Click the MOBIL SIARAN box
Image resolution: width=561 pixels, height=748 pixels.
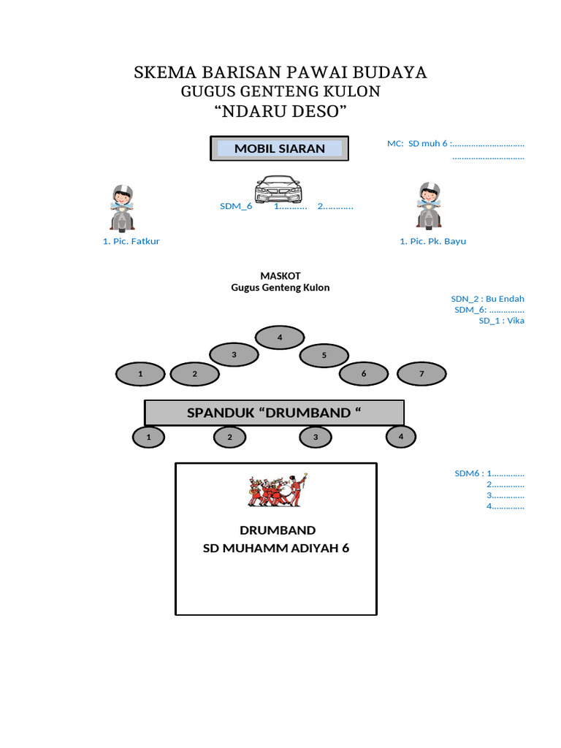click(x=279, y=148)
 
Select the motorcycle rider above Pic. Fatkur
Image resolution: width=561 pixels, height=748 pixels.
click(x=122, y=207)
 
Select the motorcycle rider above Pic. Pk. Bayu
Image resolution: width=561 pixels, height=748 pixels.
click(x=429, y=207)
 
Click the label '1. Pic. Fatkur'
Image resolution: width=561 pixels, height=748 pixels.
click(x=131, y=241)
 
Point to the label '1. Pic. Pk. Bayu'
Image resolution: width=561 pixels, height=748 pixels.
click(x=432, y=241)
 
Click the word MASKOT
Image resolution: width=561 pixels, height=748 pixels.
click(x=280, y=275)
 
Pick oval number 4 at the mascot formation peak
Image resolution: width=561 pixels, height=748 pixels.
click(x=280, y=337)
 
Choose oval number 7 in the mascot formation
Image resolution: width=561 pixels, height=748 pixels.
click(x=421, y=374)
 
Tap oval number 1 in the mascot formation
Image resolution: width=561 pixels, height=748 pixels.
click(x=140, y=374)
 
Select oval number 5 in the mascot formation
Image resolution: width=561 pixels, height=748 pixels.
click(x=324, y=356)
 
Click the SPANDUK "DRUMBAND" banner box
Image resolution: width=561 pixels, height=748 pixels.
click(x=274, y=413)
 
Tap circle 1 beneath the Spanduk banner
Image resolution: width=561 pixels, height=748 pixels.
click(x=148, y=437)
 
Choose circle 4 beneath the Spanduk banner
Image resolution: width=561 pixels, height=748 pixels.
click(x=400, y=437)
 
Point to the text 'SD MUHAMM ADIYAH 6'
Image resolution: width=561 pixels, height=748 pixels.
click(x=276, y=549)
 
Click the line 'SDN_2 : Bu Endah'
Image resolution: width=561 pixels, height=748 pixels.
click(x=487, y=299)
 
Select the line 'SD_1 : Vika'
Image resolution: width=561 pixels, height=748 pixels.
click(x=501, y=321)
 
